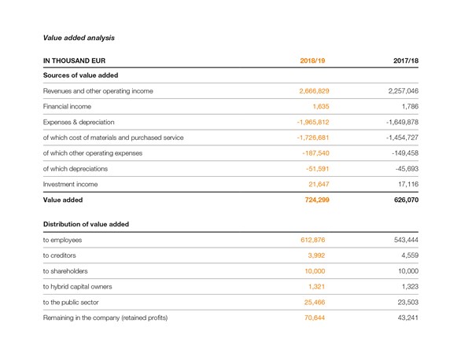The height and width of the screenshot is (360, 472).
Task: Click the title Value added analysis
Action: tap(79, 38)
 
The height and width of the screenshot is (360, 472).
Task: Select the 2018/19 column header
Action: tap(312, 61)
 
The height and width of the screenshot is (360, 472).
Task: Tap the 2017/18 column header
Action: tap(406, 61)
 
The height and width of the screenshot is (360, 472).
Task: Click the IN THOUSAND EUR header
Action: tap(74, 61)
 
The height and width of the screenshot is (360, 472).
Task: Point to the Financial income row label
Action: tap(67, 106)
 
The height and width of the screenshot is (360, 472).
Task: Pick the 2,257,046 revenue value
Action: tap(403, 91)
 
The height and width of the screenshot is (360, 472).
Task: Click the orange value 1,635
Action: tap(321, 106)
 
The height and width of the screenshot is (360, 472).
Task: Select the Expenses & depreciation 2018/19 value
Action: tap(313, 122)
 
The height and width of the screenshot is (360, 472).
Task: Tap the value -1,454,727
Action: tap(402, 138)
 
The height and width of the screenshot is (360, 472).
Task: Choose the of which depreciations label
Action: tap(76, 169)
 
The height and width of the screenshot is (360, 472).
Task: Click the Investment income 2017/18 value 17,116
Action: tap(408, 184)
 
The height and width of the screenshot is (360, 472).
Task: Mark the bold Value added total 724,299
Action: tap(317, 200)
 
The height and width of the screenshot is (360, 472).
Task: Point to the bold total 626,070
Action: tap(406, 200)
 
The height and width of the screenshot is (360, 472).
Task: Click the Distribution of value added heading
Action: tap(86, 224)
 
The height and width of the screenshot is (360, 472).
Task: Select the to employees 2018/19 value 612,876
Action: tap(313, 240)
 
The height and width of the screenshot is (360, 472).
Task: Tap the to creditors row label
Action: tap(59, 255)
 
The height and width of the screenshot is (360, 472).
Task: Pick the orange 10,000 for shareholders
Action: tap(315, 271)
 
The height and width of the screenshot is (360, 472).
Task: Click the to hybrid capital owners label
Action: tap(77, 287)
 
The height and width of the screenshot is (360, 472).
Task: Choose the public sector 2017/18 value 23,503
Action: tap(407, 302)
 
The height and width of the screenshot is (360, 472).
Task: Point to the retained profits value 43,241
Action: tap(407, 318)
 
